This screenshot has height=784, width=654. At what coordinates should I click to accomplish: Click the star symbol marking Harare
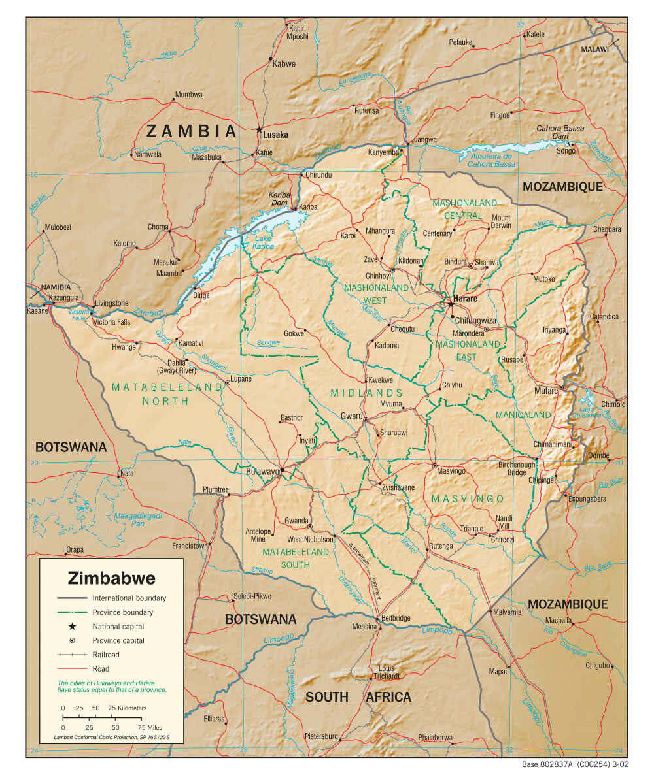pos(451,304)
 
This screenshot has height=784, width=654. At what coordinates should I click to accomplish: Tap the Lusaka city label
pos(275,135)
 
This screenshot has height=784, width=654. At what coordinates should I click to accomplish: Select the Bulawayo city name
pos(262,471)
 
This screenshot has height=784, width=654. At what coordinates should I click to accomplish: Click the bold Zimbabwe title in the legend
pos(112,578)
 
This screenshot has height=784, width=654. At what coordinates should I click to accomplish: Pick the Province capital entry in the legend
pos(118,640)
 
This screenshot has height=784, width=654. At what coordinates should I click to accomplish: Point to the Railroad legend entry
pos(106,655)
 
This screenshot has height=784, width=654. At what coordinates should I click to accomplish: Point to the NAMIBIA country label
pos(55,287)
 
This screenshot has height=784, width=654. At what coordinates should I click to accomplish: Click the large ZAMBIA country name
pos(191,131)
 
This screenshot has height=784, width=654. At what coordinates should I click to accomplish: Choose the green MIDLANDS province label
pos(366,393)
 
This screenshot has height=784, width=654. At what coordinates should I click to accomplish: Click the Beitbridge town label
pos(394,618)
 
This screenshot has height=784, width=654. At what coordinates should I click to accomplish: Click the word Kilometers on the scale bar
pos(128,708)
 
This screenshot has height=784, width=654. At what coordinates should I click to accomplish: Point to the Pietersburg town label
pos(321,736)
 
